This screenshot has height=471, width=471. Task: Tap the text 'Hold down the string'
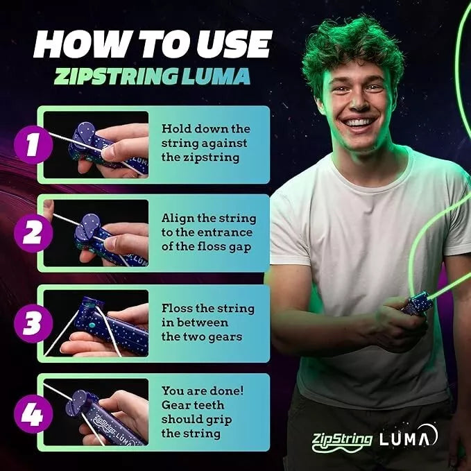[x=205, y=135]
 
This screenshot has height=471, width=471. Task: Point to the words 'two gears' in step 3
[x=206, y=336]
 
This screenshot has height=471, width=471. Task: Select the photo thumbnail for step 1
[x=96, y=144]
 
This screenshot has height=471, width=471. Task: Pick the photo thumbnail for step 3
[x=96, y=323]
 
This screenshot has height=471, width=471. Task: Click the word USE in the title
[x=222, y=44]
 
